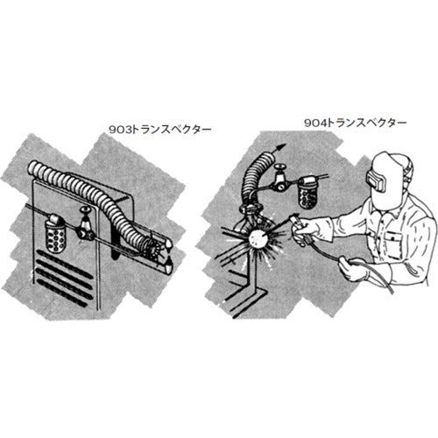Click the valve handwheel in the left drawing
85,209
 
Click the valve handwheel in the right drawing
279,168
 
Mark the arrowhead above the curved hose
280,146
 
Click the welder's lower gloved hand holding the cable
353,269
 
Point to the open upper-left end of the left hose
32,168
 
